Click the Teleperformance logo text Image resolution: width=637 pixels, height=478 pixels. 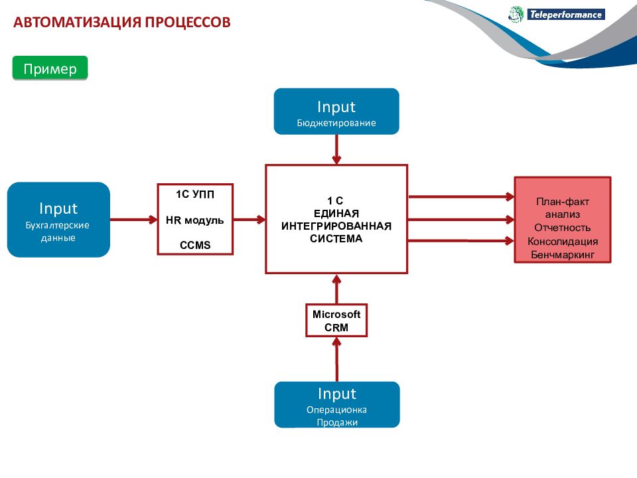(x=566, y=15)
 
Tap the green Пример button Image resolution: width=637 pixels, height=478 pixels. (x=50, y=68)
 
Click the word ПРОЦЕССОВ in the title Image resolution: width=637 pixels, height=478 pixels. (x=188, y=22)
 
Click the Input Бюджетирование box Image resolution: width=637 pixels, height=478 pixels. (x=336, y=112)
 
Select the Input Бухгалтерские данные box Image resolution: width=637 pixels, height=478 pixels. (x=58, y=220)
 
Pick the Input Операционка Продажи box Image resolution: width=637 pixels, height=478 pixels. (x=337, y=404)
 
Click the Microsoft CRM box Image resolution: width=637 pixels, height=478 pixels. (x=336, y=320)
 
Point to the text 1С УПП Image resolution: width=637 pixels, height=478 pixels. (x=195, y=195)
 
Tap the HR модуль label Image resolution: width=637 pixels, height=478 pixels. (x=195, y=220)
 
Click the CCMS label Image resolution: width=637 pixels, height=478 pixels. (x=195, y=245)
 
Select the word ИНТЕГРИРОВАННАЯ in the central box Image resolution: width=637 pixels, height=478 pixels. (x=336, y=226)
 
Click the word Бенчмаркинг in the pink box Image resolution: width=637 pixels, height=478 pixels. (x=563, y=255)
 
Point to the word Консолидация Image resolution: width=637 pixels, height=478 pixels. (x=563, y=242)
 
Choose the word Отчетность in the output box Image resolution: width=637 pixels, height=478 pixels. (x=563, y=228)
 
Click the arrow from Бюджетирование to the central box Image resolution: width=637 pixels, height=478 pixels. (x=336, y=149)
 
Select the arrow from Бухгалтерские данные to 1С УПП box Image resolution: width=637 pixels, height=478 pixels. (x=133, y=220)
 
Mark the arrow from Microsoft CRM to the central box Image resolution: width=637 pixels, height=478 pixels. (x=336, y=289)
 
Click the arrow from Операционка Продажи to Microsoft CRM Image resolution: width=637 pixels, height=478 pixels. (x=336, y=359)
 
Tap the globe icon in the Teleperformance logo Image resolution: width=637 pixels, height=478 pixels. (x=516, y=14)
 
